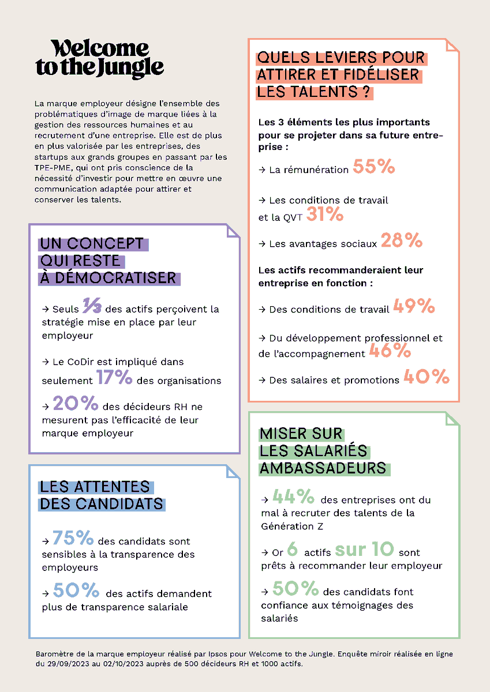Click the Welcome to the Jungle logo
coord(99,59)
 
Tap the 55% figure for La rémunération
coord(373,167)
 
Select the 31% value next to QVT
coord(325,216)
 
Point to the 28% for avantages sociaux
coord(402,241)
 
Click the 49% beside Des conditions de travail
coord(414,307)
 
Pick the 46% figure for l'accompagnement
coord(390,351)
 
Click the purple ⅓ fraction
coord(92,306)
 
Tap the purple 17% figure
coord(114,378)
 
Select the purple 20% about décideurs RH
coord(74,403)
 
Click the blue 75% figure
coord(73,538)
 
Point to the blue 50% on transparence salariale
coord(76,591)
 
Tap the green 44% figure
coord(293,497)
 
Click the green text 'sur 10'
coord(364,549)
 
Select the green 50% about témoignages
coord(296,589)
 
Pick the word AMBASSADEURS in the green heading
coord(323,468)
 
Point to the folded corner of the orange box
coord(452,46)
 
